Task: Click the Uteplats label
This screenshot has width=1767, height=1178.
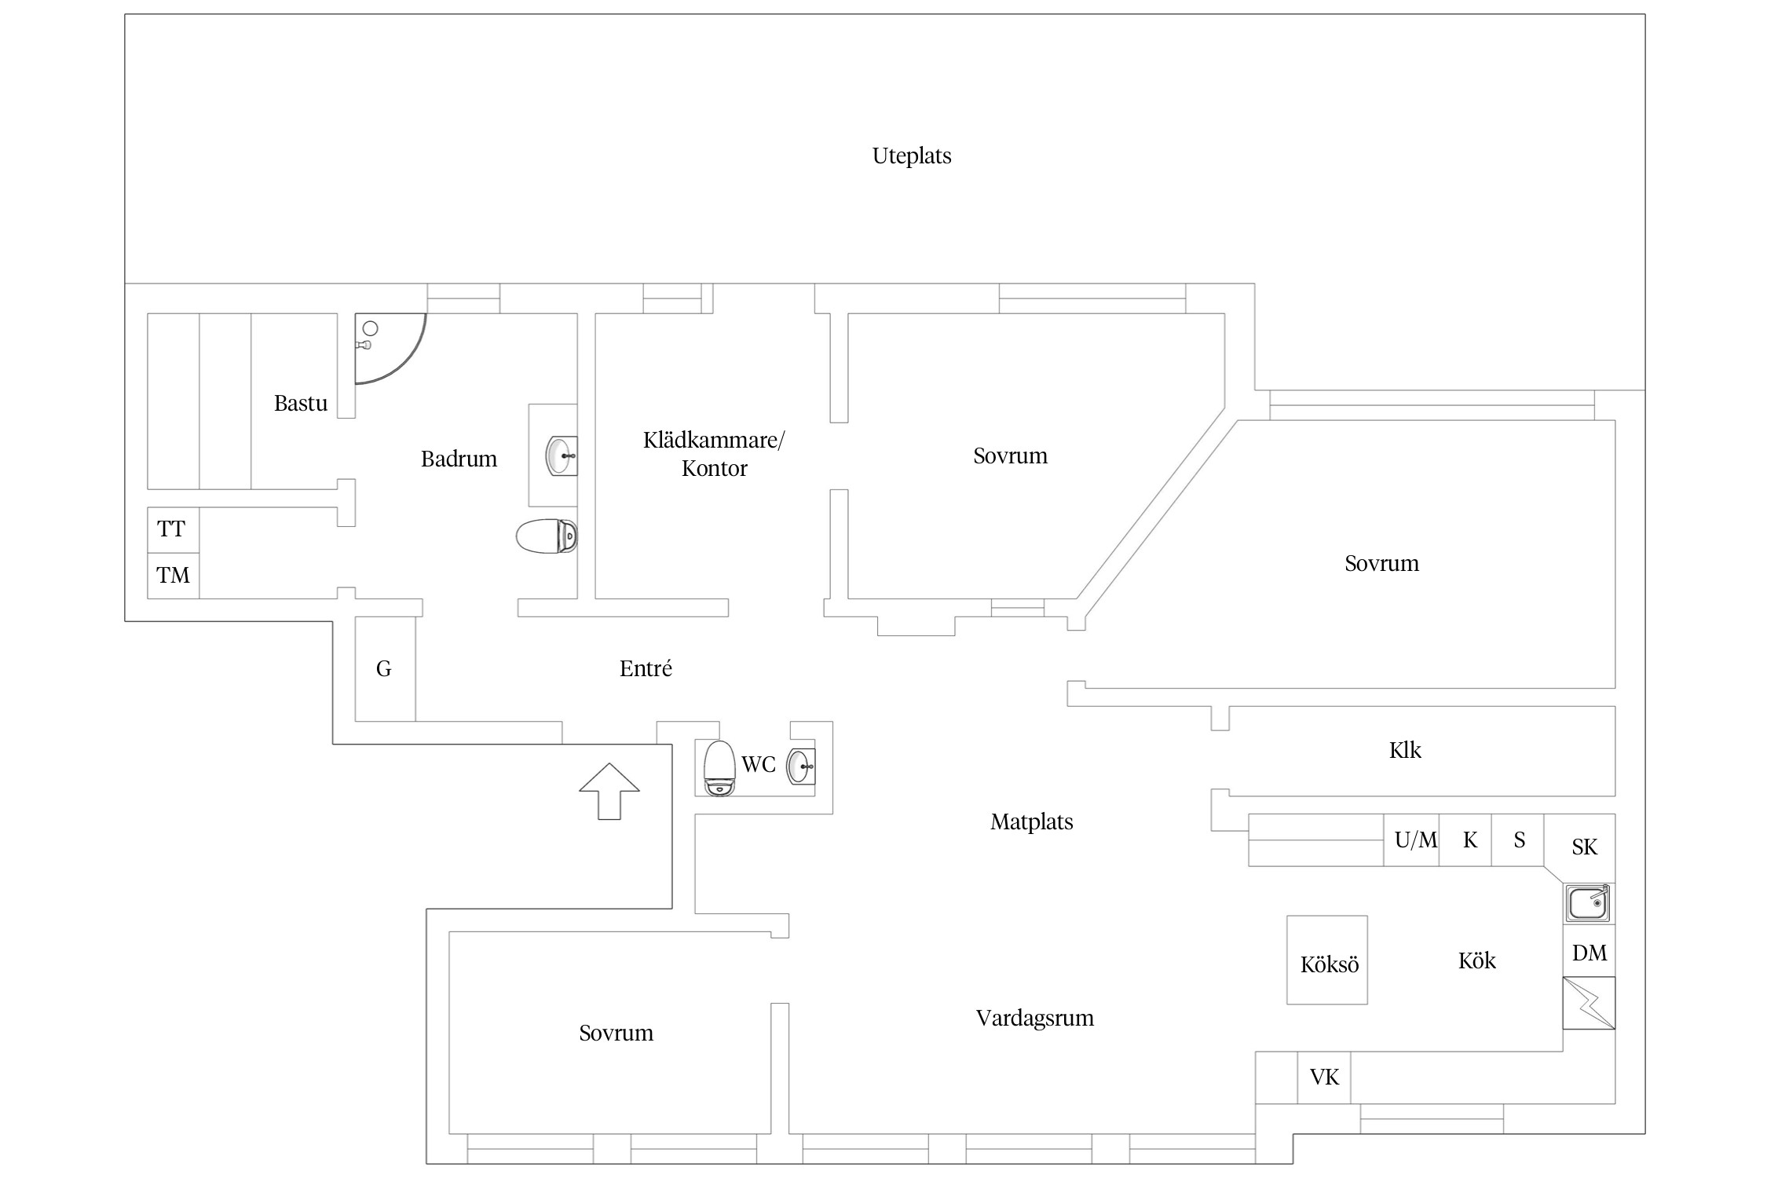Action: [x=911, y=155]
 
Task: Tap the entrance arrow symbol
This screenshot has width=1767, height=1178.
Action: [x=609, y=790]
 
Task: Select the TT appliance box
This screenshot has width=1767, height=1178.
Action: [x=173, y=529]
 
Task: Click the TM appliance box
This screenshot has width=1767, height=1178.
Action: [x=173, y=576]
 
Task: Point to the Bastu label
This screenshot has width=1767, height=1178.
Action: [x=300, y=403]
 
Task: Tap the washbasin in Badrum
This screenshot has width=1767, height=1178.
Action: [x=560, y=455]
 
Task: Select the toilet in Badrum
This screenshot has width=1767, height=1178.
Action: [x=547, y=536]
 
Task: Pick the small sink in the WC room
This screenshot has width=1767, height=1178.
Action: [x=801, y=766]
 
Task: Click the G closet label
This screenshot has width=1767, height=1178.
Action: [x=384, y=668]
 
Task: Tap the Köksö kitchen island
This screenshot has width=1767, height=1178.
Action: [x=1327, y=960]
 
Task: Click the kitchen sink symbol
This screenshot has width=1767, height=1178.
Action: [x=1588, y=902]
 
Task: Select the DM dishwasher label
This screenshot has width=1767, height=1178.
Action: [x=1590, y=953]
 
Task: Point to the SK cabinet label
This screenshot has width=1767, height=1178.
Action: [x=1584, y=847]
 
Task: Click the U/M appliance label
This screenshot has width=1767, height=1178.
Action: [x=1415, y=840]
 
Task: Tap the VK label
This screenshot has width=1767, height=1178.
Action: [x=1324, y=1077]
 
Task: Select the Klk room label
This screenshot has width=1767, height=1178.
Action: [x=1405, y=750]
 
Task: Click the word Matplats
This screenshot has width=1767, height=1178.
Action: [x=1031, y=821]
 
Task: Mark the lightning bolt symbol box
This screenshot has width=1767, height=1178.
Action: [x=1589, y=1003]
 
